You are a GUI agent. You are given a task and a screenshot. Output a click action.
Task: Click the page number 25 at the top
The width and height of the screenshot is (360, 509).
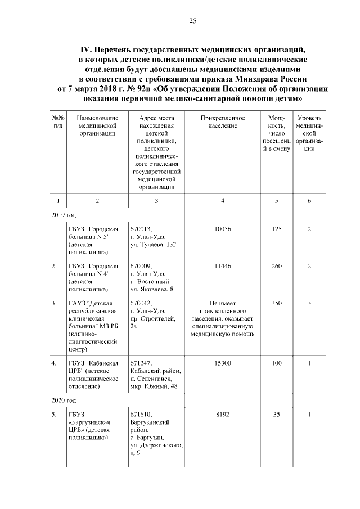click(x=192, y=21)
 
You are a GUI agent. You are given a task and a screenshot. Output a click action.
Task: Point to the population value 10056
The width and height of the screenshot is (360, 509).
click(x=223, y=229)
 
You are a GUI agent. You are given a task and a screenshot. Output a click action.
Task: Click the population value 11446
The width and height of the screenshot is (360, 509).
click(x=223, y=266)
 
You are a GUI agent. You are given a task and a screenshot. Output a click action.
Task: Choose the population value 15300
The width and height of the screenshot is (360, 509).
click(x=223, y=363)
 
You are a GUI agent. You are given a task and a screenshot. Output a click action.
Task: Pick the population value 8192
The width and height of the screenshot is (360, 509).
click(x=223, y=415)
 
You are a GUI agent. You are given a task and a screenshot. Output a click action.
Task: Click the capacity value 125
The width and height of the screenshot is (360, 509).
click(x=276, y=229)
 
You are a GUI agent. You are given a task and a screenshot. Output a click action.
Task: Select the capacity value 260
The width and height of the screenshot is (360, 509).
click(x=276, y=266)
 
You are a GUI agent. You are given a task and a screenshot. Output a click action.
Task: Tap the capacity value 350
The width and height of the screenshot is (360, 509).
click(x=276, y=303)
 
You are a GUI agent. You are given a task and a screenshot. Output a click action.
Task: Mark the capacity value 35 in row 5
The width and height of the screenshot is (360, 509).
click(x=276, y=415)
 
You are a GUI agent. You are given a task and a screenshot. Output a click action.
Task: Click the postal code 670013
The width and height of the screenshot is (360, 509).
click(x=141, y=229)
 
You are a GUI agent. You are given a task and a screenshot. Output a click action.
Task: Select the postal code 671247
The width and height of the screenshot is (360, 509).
click(x=141, y=363)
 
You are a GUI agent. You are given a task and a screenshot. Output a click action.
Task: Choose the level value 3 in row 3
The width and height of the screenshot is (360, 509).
click(x=309, y=303)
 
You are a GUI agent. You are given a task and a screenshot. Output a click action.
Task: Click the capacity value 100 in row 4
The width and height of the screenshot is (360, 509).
click(x=276, y=363)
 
